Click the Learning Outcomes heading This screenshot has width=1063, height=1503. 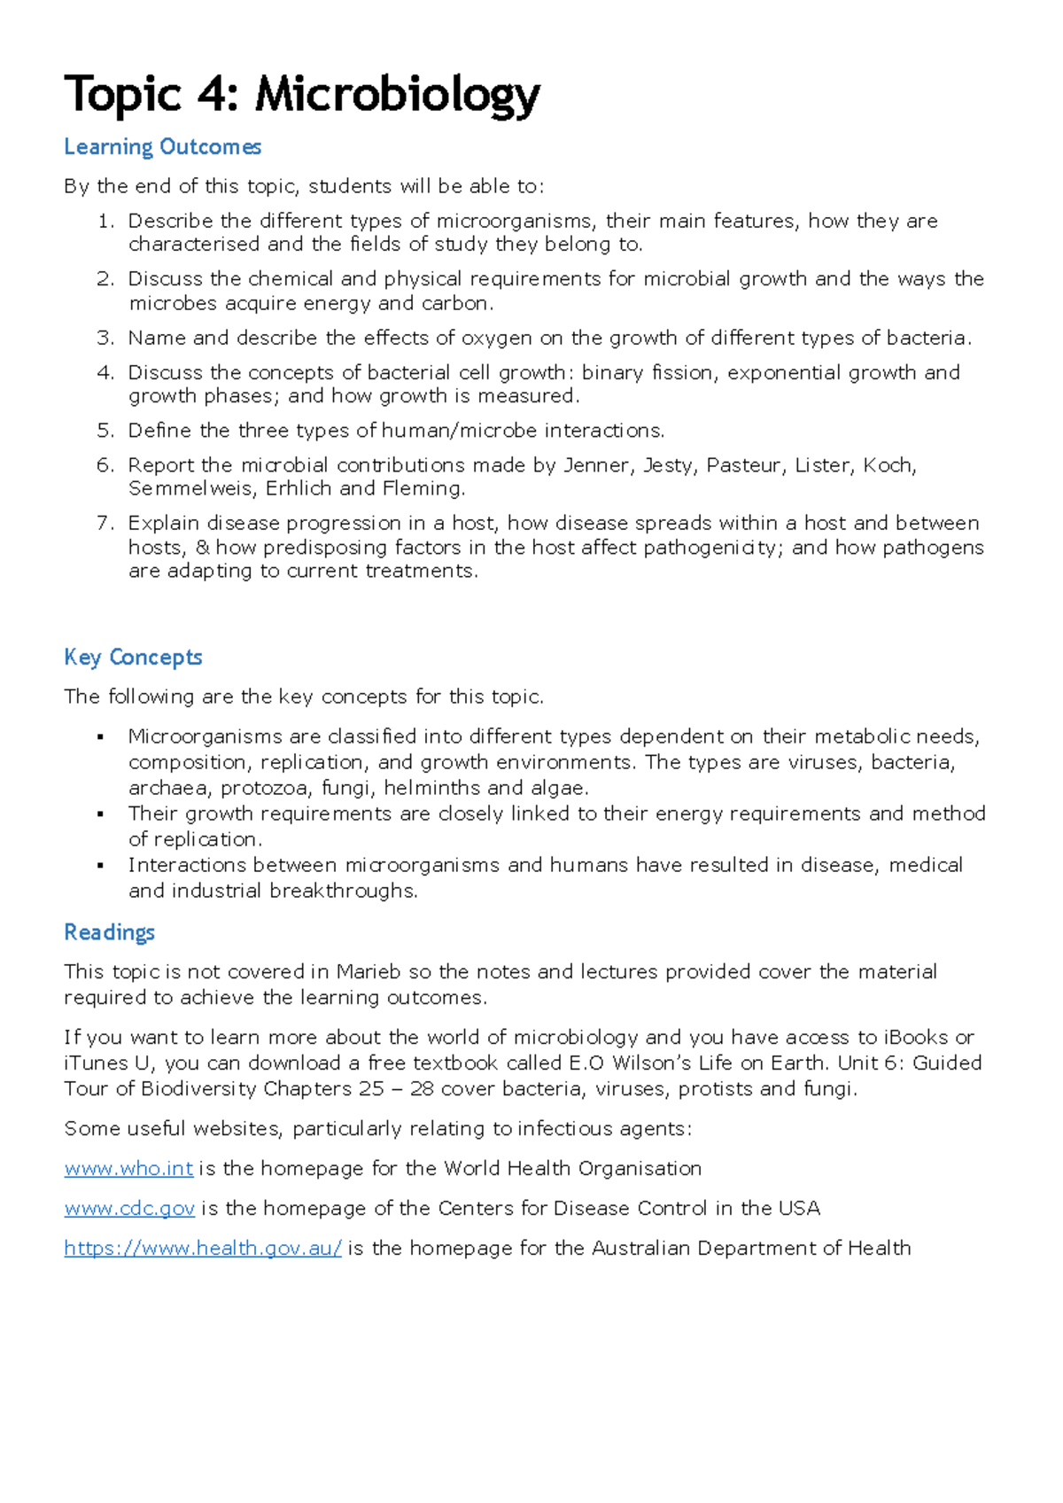pos(162,147)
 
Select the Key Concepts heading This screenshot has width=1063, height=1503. pos(133,658)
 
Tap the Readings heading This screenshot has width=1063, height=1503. pos(109,932)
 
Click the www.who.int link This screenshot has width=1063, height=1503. pos(128,1169)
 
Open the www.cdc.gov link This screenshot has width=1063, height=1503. pos(129,1209)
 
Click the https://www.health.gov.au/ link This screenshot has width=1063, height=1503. pos(203,1249)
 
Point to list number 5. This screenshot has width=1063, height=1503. pos(105,431)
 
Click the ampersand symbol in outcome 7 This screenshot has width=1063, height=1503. pos(202,548)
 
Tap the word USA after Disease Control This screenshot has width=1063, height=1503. pos(800,1209)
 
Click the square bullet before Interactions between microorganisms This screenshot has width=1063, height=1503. pos(101,866)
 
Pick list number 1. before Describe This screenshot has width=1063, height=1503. pos(105,222)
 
